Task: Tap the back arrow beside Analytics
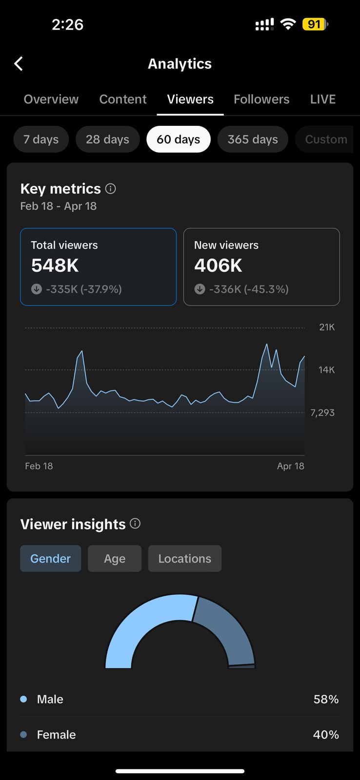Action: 19,63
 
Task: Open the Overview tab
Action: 51,99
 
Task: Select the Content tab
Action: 123,99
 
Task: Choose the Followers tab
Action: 261,99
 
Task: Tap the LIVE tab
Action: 322,99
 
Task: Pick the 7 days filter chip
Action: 41,139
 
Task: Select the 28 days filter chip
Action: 107,139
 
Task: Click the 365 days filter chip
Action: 253,139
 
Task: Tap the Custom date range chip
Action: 326,139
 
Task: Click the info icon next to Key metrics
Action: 111,189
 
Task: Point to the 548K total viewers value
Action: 55,266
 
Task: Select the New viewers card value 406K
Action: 218,266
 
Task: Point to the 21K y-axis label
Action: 327,327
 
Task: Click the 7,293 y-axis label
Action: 322,412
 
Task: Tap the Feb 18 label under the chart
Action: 39,466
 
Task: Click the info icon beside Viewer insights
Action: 135,524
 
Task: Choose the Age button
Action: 115,559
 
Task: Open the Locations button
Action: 185,559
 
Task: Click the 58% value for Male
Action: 326,699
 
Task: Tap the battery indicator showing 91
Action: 315,24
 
